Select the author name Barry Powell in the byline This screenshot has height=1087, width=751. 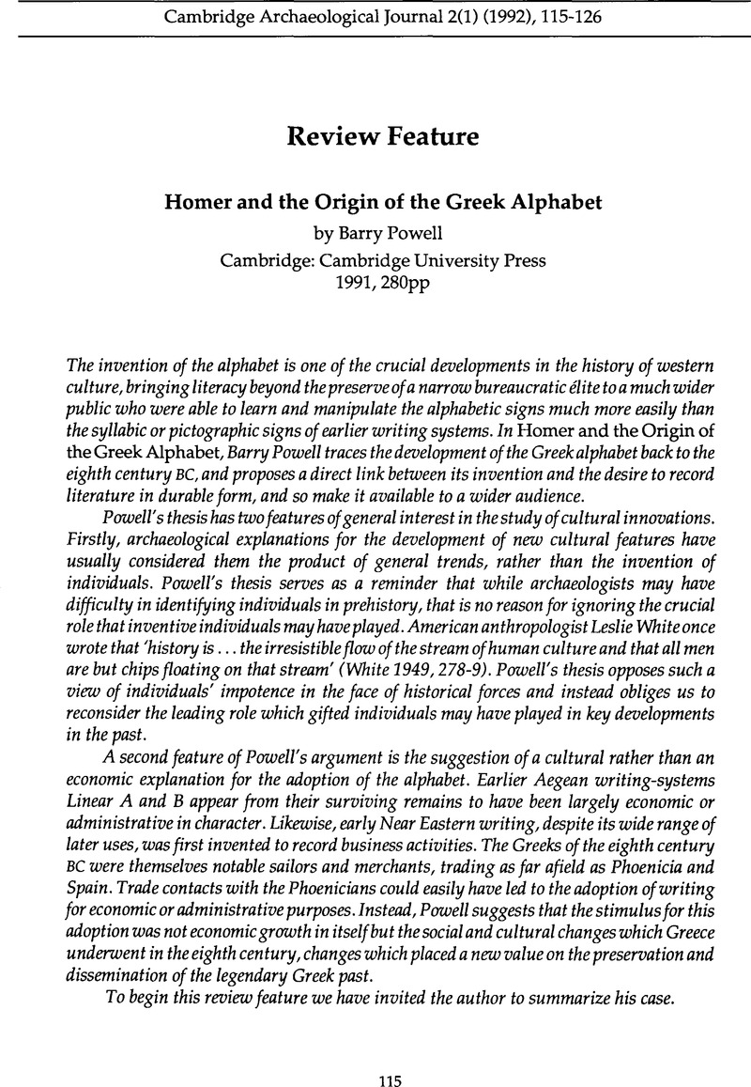coord(389,225)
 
